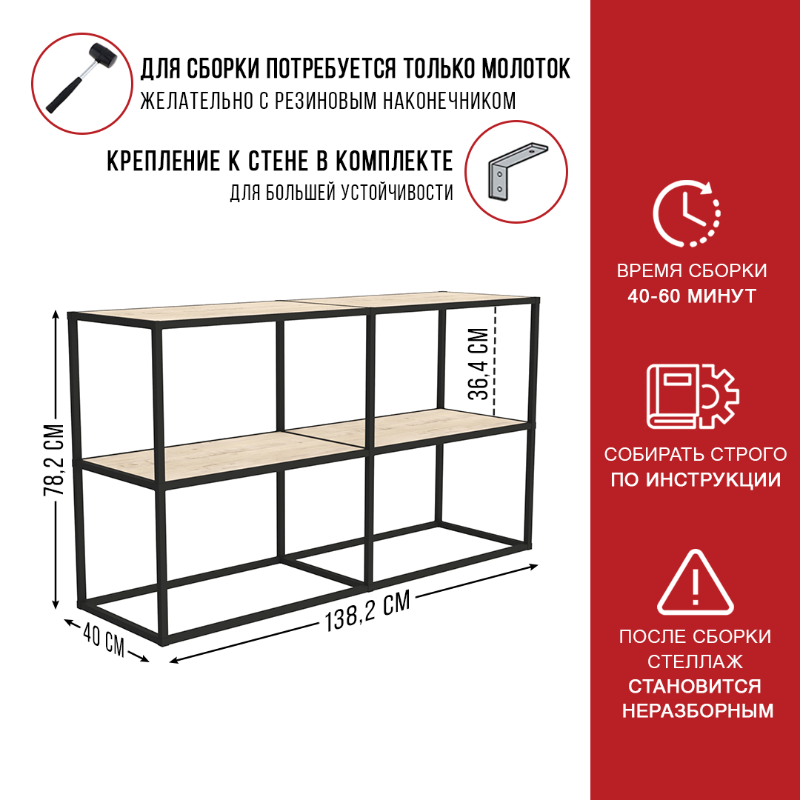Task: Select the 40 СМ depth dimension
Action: pos(104,641)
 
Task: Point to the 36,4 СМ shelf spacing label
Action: pos(478,363)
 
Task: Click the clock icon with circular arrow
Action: pos(687,213)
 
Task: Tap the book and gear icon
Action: pos(693,396)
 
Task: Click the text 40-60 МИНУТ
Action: pos(691,296)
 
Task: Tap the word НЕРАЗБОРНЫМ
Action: pos(698,710)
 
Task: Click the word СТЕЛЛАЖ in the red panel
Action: pos(695,661)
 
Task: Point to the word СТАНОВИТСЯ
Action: pos(694,686)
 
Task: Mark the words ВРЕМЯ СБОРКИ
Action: pos(692,270)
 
